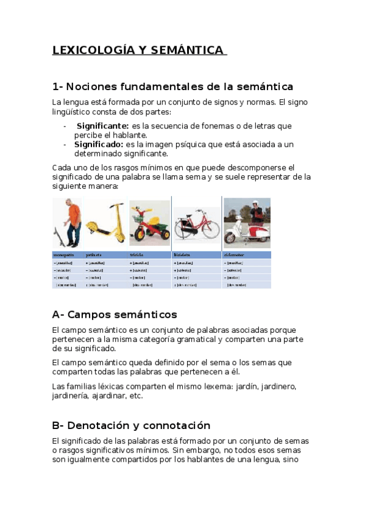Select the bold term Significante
coord(102,126)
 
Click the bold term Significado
coord(99,144)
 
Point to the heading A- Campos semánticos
coord(115,315)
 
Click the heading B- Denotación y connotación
coord(131,425)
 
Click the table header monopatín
coord(64,255)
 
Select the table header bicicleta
coord(183,255)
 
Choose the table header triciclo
coord(137,255)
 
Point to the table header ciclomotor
coord(236,255)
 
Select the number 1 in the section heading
coord(55,86)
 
